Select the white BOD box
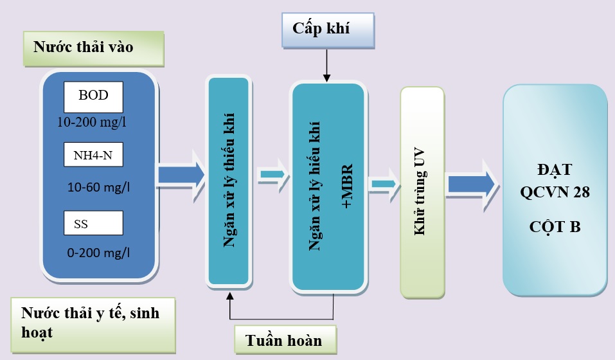[x=93, y=96]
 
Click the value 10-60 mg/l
[x=98, y=187]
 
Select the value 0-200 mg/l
[x=98, y=253]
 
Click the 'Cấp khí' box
[x=327, y=30]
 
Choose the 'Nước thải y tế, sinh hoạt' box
[x=93, y=323]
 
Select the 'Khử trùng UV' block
[x=422, y=192]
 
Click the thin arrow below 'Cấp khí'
[x=327, y=66]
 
